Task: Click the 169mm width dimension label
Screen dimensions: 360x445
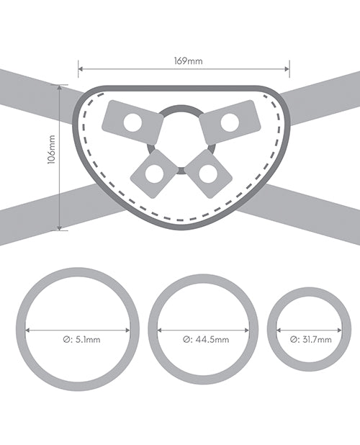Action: pos(189,61)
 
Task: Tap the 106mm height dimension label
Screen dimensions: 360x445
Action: pos(51,150)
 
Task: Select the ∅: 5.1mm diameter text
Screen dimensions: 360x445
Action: pos(81,339)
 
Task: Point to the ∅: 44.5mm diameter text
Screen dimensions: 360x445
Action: pos(206,339)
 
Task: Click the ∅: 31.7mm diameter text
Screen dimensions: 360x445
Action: pos(310,339)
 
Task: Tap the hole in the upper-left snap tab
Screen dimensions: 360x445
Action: pos(132,122)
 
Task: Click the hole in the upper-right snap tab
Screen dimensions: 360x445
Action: pos(230,122)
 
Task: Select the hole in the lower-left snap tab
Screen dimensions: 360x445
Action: pos(154,174)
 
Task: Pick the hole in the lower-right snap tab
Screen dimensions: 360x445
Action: pos(208,174)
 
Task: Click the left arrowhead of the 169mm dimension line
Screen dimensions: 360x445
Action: pos(81,68)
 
